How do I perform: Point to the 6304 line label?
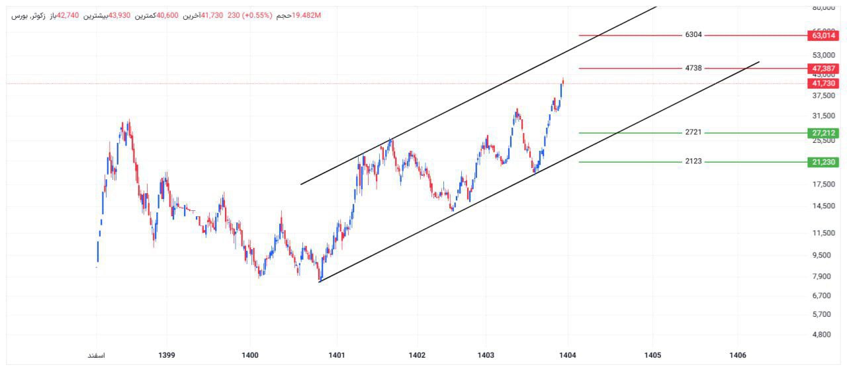[x=693, y=35]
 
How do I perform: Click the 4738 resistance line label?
[x=693, y=68]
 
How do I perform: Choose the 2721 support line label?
[x=693, y=133]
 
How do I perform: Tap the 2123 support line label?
[x=693, y=161]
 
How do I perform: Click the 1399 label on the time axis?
[x=167, y=356]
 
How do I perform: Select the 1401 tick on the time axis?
[x=337, y=356]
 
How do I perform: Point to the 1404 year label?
[x=567, y=356]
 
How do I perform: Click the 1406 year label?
[x=737, y=356]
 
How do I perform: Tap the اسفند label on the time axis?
[x=97, y=356]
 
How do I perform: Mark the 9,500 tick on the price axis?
[x=822, y=255]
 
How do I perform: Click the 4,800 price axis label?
[x=822, y=335]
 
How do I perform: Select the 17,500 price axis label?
[x=822, y=185]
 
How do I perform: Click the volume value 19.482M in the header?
[x=306, y=15]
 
